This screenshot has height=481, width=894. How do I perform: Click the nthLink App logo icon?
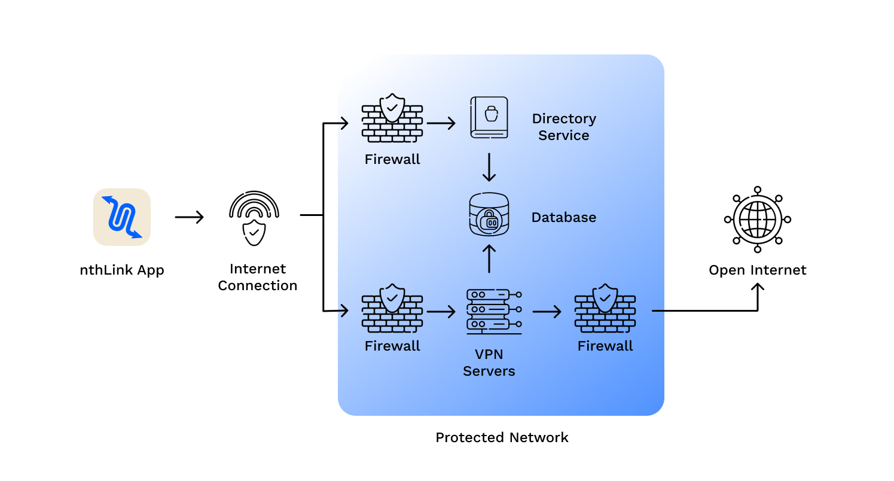(122, 217)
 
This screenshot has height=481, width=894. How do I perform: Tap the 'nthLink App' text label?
(122, 270)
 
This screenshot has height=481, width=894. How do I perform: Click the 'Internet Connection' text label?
(258, 277)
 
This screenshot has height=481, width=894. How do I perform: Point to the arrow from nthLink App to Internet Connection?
(189, 217)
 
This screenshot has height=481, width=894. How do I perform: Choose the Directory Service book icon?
(489, 118)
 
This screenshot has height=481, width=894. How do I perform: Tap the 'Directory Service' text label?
(564, 127)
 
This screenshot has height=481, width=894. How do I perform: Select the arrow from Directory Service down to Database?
(489, 167)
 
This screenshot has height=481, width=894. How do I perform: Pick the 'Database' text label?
(564, 217)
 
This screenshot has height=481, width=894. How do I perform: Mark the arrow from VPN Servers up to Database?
(489, 258)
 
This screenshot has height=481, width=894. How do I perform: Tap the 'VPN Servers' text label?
(489, 363)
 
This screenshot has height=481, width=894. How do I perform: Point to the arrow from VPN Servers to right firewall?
(547, 311)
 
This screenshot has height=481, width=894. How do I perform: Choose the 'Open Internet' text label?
(758, 270)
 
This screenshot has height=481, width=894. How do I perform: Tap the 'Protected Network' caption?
(502, 437)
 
